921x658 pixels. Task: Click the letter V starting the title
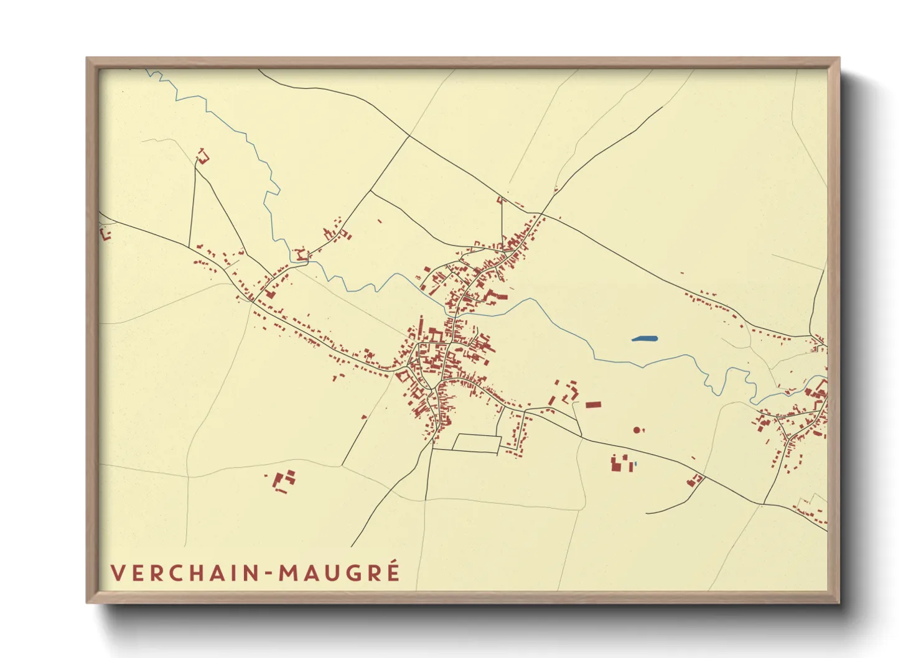[116, 573]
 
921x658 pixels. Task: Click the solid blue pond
[644, 339]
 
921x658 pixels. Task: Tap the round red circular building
[636, 430]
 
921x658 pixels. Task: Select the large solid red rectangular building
[593, 405]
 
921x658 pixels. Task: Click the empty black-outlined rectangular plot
[477, 443]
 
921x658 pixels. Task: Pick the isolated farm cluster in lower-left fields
[284, 481]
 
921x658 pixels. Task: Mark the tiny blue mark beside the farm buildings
[635, 465]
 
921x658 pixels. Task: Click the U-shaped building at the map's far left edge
[105, 234]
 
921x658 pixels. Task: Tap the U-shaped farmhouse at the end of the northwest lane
[202, 155]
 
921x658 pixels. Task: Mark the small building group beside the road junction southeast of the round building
[694, 479]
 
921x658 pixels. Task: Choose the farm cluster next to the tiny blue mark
[620, 463]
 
